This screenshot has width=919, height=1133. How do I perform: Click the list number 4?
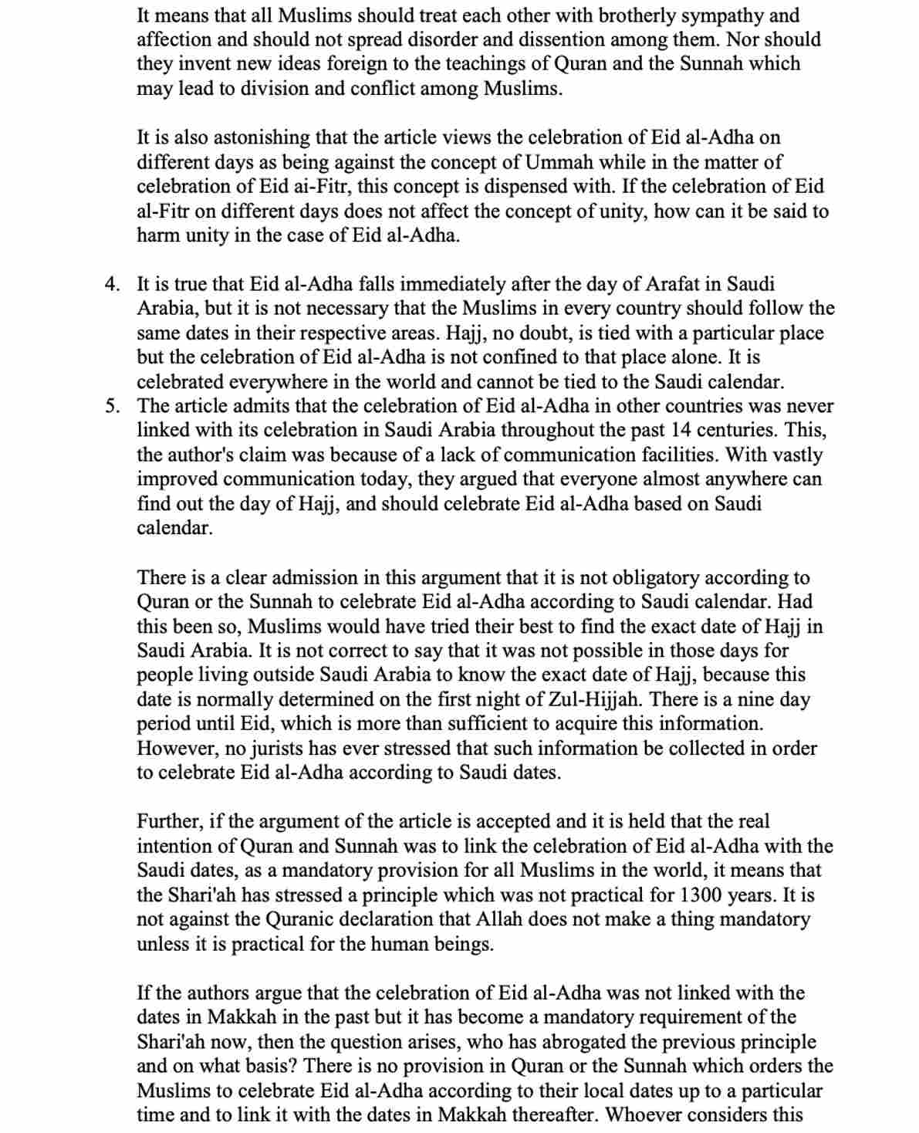112,285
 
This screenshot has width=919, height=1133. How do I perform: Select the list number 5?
112,406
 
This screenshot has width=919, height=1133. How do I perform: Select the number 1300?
706,895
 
